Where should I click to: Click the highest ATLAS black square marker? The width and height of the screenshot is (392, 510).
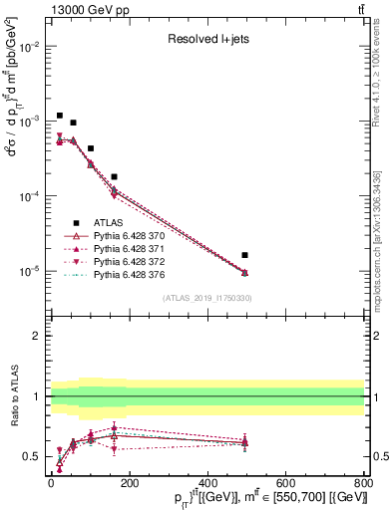click(x=60, y=116)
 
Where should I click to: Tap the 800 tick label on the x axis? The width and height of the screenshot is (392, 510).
click(x=363, y=483)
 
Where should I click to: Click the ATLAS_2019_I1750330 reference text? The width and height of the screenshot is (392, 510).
click(x=206, y=298)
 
